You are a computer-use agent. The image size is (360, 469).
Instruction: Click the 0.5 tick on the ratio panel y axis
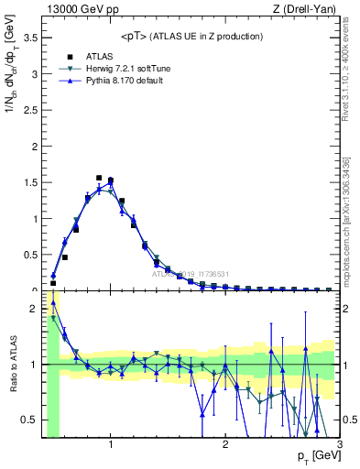[x=31, y=420]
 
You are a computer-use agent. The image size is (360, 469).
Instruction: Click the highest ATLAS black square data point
[x=99, y=178]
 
